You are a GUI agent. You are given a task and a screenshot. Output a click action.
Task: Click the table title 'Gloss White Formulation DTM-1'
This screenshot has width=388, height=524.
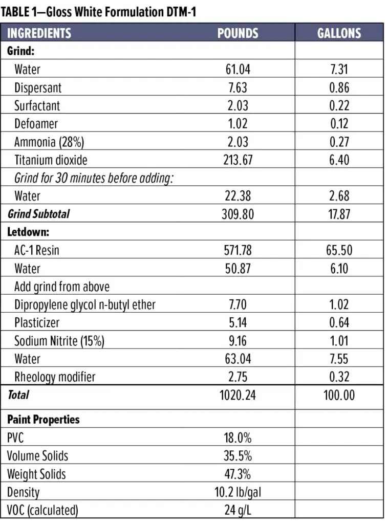tap(121, 12)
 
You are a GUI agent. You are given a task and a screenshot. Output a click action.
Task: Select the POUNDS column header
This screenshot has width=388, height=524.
tap(238, 33)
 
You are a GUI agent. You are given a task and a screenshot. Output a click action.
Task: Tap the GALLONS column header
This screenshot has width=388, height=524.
tap(339, 33)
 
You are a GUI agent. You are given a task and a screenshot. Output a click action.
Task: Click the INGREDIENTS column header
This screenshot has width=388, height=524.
tap(39, 33)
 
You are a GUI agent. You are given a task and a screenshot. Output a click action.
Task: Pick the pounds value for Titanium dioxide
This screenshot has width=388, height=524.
tap(238, 160)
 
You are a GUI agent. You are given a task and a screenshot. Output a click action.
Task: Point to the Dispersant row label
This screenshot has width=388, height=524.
tap(38, 88)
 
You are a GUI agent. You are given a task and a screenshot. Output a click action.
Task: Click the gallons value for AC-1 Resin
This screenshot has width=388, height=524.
tap(339, 250)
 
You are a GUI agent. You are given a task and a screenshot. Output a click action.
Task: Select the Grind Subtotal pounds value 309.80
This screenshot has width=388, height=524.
tap(238, 214)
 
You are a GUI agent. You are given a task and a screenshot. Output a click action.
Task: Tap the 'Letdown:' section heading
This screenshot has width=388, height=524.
tap(28, 232)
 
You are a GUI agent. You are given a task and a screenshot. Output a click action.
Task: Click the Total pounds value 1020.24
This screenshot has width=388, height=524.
tap(238, 395)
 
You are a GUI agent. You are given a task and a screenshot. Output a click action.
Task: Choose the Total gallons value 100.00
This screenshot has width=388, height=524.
tap(339, 395)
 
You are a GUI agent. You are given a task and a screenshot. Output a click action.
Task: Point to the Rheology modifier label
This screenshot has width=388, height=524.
tap(55, 377)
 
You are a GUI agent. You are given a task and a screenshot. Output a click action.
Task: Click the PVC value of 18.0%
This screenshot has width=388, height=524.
tap(238, 438)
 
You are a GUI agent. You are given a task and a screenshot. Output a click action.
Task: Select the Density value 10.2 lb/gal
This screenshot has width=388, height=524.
tap(238, 492)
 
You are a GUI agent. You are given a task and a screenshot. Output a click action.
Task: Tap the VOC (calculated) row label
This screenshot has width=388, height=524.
tap(42, 510)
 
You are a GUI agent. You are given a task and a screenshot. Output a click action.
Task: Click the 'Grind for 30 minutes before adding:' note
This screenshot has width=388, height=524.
tap(94, 178)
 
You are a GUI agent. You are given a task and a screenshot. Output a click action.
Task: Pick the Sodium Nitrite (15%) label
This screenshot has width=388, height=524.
tap(59, 341)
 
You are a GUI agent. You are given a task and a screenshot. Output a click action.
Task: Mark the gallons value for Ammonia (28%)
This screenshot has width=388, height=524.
tap(339, 142)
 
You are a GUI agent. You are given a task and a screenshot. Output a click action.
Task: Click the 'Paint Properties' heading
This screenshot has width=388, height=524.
tap(44, 420)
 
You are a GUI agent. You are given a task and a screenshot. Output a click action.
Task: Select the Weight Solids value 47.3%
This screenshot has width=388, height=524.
tap(238, 474)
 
